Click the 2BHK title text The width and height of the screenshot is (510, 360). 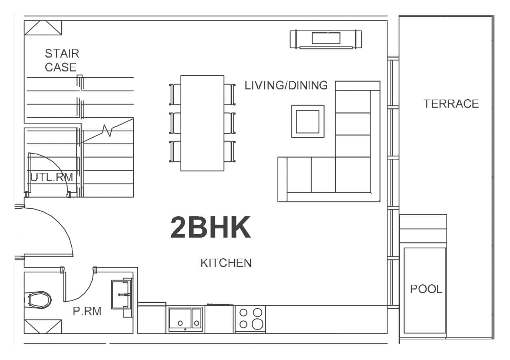tap(211, 228)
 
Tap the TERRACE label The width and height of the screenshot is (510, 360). tap(451, 104)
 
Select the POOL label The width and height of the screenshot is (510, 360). tap(426, 289)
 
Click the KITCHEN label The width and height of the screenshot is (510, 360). tap(226, 263)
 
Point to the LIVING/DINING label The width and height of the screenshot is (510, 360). tap(286, 85)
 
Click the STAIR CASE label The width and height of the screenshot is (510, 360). tap(61, 60)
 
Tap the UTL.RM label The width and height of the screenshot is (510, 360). tap(52, 177)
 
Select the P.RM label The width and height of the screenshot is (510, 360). tap(87, 311)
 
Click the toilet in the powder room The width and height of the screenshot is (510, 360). tap(38, 299)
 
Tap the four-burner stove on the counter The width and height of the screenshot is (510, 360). tap(250, 318)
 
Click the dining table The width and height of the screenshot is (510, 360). tap(202, 123)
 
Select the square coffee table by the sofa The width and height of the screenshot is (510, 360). tap(307, 121)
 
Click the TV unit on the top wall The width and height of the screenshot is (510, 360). tap(326, 39)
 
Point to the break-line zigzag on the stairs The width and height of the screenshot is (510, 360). tap(107, 130)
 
